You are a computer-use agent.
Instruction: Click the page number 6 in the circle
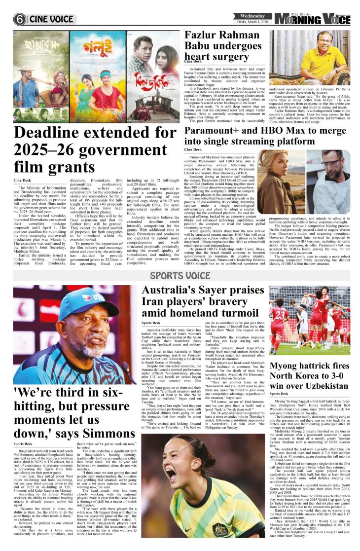pyautogui.click(x=20, y=19)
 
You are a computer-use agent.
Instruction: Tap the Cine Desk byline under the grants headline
pyautogui.click(x=23, y=181)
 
